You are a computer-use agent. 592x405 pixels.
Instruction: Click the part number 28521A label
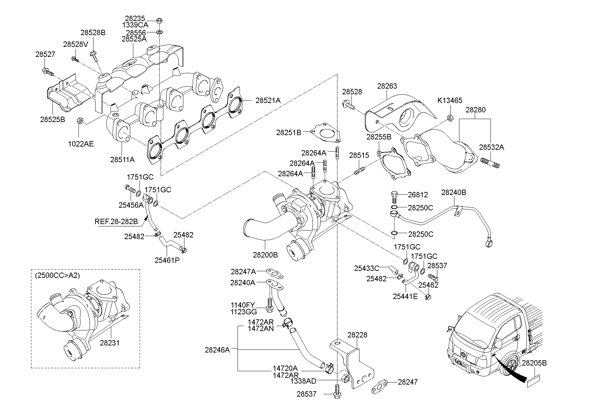pyautogui.click(x=268, y=100)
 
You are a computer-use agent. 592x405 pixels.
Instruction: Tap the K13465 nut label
pyautogui.click(x=450, y=100)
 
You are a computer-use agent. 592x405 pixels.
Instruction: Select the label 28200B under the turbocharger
pyautogui.click(x=265, y=255)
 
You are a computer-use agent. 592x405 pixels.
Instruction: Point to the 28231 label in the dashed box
pyautogui.click(x=110, y=343)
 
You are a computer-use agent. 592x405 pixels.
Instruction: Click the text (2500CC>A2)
pyautogui.click(x=57, y=276)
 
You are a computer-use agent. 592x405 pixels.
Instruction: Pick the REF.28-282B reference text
pyautogui.click(x=116, y=221)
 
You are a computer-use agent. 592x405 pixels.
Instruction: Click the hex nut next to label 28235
pyautogui.click(x=159, y=20)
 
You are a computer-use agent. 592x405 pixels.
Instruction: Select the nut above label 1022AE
pyautogui.click(x=80, y=121)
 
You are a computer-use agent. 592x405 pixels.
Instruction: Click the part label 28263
pyautogui.click(x=387, y=86)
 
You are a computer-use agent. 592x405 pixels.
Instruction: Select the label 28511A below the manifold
pyautogui.click(x=123, y=160)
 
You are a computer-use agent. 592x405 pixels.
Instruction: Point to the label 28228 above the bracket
pyautogui.click(x=357, y=335)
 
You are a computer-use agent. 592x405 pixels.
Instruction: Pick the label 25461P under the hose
pyautogui.click(x=167, y=260)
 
